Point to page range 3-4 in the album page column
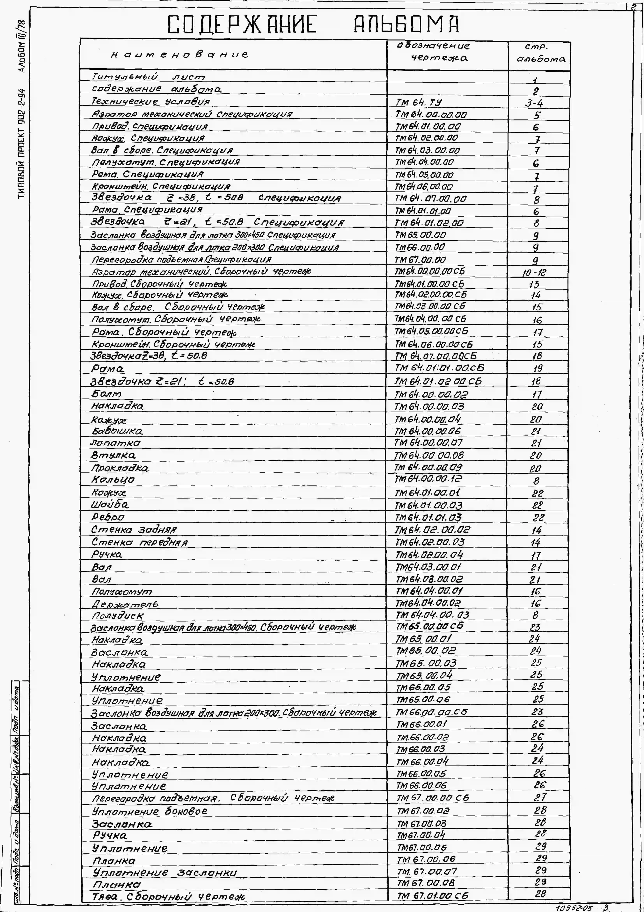(x=534, y=103)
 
